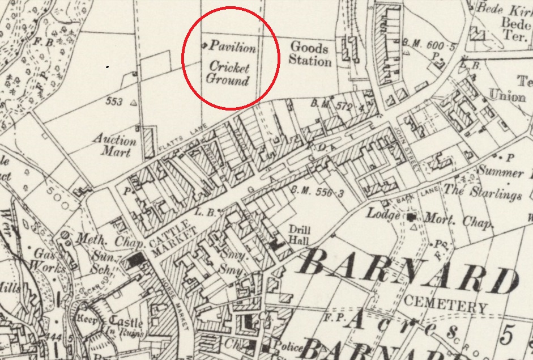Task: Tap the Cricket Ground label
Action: click(228, 73)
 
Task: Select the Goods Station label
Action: click(310, 53)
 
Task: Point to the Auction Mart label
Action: click(115, 146)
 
